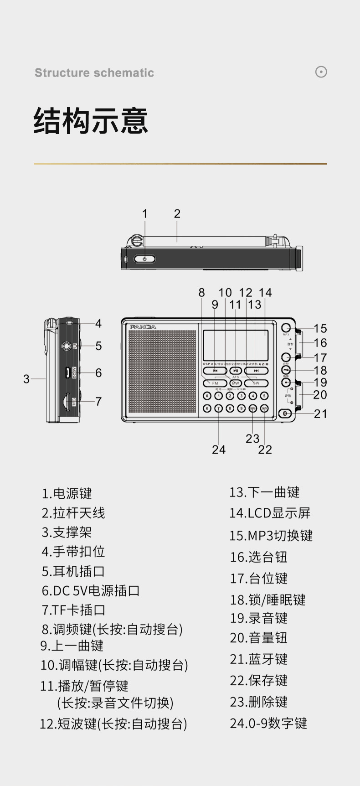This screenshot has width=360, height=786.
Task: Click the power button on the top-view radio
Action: point(144,259)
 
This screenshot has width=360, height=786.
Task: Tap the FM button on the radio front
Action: point(215,383)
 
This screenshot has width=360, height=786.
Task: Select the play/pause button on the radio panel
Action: point(236,371)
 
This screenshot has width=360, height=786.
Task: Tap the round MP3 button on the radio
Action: point(286,328)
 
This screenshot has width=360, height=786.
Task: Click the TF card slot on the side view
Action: point(66,401)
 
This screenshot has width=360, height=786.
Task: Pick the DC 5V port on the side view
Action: point(67,372)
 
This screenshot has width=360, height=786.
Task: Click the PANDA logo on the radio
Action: point(143,327)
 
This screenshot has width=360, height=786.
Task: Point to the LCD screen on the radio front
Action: point(236,346)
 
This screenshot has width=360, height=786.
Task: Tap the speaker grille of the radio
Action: point(162,372)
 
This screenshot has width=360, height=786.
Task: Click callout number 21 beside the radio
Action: point(320,414)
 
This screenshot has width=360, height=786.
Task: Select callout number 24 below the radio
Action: point(219,450)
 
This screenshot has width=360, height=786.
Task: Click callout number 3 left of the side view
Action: point(26,379)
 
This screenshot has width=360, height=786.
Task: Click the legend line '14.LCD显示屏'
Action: point(270,513)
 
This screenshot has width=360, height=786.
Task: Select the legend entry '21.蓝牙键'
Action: point(258,659)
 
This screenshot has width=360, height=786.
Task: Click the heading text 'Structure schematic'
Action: point(94,73)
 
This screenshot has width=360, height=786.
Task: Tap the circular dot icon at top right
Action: point(321,72)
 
